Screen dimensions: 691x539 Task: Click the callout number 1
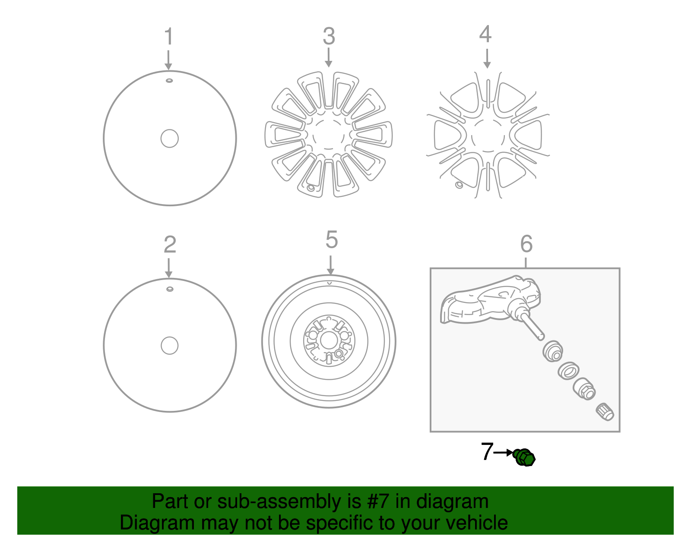(169, 36)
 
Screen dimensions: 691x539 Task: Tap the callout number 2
(170, 244)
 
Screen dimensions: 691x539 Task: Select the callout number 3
(329, 36)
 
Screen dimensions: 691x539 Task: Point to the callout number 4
(485, 34)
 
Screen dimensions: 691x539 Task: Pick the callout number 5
(331, 240)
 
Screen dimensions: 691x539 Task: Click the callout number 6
(526, 244)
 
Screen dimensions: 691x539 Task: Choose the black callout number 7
(487, 451)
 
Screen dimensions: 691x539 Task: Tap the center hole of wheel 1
(169, 139)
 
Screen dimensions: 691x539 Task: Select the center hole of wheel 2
(169, 346)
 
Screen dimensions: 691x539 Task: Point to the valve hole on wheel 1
(169, 81)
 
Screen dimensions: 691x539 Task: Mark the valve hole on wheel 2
(170, 289)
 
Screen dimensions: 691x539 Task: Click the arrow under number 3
(329, 57)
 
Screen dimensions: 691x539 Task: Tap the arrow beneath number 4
(487, 58)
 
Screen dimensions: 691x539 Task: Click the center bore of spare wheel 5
(329, 340)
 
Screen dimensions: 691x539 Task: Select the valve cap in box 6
(605, 412)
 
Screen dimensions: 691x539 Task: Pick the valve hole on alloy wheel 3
(311, 188)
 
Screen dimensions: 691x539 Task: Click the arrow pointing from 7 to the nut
(504, 452)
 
